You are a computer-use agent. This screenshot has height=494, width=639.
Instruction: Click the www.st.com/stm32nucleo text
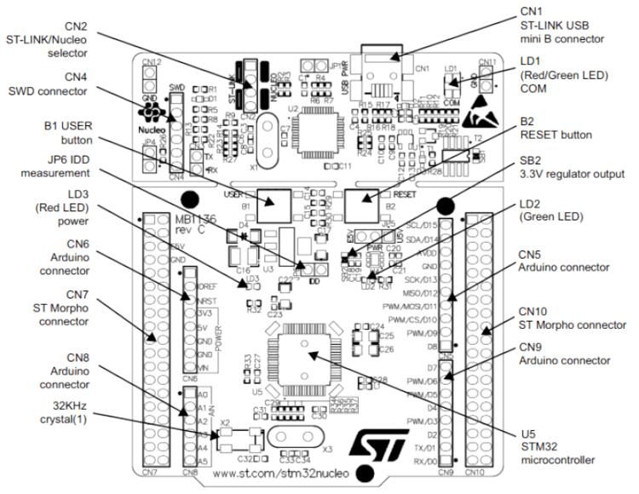273,474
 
